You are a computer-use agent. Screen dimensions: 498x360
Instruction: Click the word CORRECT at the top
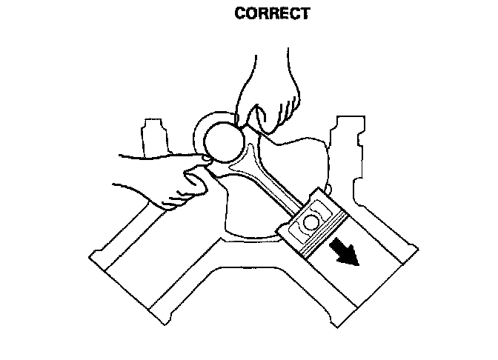(x=271, y=13)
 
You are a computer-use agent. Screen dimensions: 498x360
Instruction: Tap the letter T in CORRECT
(x=304, y=13)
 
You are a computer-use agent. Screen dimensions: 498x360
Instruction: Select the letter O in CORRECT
(x=250, y=13)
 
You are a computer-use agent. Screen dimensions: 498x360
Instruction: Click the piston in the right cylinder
(x=314, y=224)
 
